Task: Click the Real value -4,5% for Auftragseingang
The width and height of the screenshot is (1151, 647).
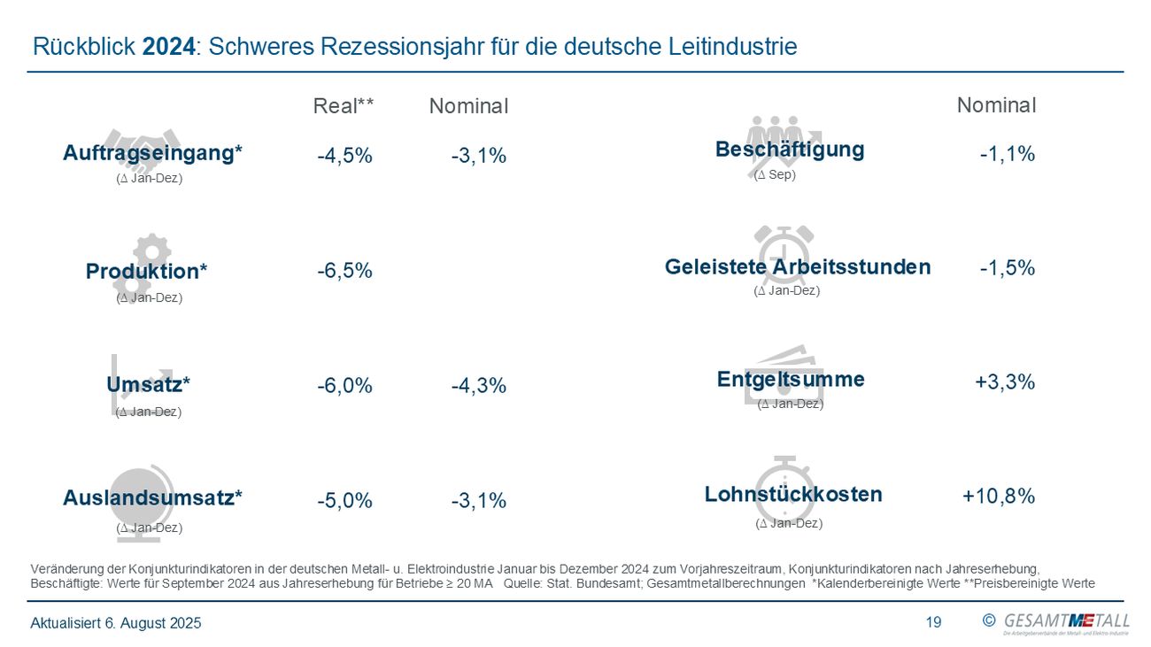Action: pos(344,156)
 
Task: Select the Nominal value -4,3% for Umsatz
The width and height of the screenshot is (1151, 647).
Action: pos(478,386)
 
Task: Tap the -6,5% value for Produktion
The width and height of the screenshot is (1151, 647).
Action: pos(344,271)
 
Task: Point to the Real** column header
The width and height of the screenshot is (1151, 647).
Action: pos(344,106)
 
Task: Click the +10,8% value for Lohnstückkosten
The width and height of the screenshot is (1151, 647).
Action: pos(999,497)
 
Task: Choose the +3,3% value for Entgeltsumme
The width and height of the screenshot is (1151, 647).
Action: pos(1005,381)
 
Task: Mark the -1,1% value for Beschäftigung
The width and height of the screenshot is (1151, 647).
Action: pos(1007,154)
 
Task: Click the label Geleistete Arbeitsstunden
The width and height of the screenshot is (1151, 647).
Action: pos(797,266)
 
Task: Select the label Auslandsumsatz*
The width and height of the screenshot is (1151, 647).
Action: pos(152,497)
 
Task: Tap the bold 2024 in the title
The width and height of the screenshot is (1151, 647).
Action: pos(168,47)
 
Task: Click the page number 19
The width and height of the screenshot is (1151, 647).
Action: pos(933,623)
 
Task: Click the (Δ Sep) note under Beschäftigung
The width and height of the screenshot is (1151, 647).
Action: pos(775,175)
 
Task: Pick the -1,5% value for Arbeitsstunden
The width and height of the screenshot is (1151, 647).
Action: pos(1007,268)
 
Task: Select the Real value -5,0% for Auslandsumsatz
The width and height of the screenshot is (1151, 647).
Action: pos(344,501)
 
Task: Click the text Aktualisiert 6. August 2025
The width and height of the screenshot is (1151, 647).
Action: pos(116,623)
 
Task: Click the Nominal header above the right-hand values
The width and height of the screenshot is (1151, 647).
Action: pos(996,105)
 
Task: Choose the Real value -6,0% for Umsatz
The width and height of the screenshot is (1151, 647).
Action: pos(344,386)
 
